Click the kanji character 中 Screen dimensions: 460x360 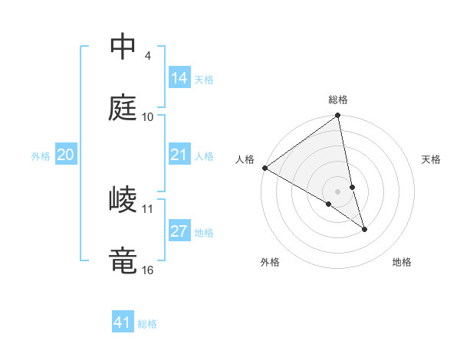[123, 47]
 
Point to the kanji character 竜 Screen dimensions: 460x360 [123, 260]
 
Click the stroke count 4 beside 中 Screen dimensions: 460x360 [147, 56]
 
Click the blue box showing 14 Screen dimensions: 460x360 [179, 78]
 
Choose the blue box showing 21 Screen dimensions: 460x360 [179, 155]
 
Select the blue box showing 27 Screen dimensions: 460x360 [179, 232]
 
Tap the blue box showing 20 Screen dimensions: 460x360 [66, 155]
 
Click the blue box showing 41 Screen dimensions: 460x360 [123, 322]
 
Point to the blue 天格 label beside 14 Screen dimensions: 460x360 [204, 80]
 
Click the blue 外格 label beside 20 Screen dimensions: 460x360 [41, 156]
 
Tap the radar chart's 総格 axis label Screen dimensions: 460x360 [338, 100]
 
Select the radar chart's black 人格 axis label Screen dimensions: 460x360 [245, 159]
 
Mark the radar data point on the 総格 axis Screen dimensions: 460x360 [338, 116]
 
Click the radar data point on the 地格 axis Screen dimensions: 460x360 [364, 229]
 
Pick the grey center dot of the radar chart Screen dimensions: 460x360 [338, 191]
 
